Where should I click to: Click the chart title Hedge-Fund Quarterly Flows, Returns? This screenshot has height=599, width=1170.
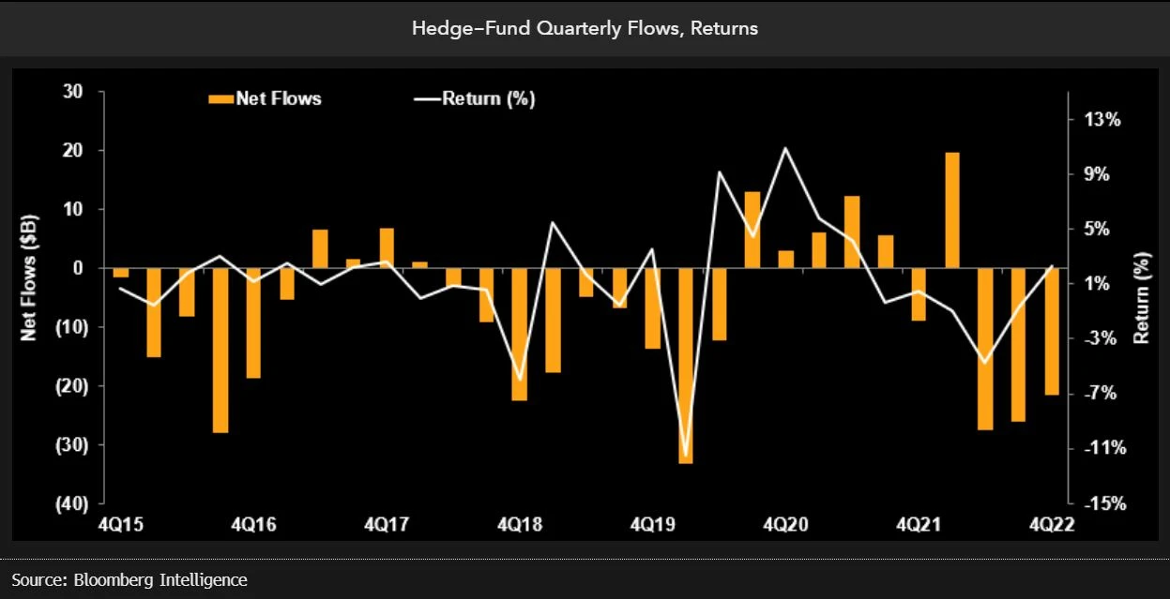(585, 28)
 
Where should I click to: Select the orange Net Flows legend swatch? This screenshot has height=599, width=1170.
(219, 97)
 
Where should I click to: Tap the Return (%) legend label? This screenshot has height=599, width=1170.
(488, 98)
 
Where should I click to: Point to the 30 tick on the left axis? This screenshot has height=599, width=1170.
(73, 92)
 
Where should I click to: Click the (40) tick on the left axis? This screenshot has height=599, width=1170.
(69, 503)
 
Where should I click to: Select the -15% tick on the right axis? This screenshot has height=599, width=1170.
(1100, 503)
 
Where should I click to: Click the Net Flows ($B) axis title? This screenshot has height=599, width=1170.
(29, 280)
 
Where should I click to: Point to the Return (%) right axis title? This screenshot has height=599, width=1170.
(1141, 298)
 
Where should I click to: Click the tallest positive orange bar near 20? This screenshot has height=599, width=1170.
(951, 209)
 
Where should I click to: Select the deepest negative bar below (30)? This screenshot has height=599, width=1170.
(685, 366)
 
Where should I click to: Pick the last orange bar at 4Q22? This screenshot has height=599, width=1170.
(1052, 331)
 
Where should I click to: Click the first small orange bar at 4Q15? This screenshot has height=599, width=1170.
(120, 273)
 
